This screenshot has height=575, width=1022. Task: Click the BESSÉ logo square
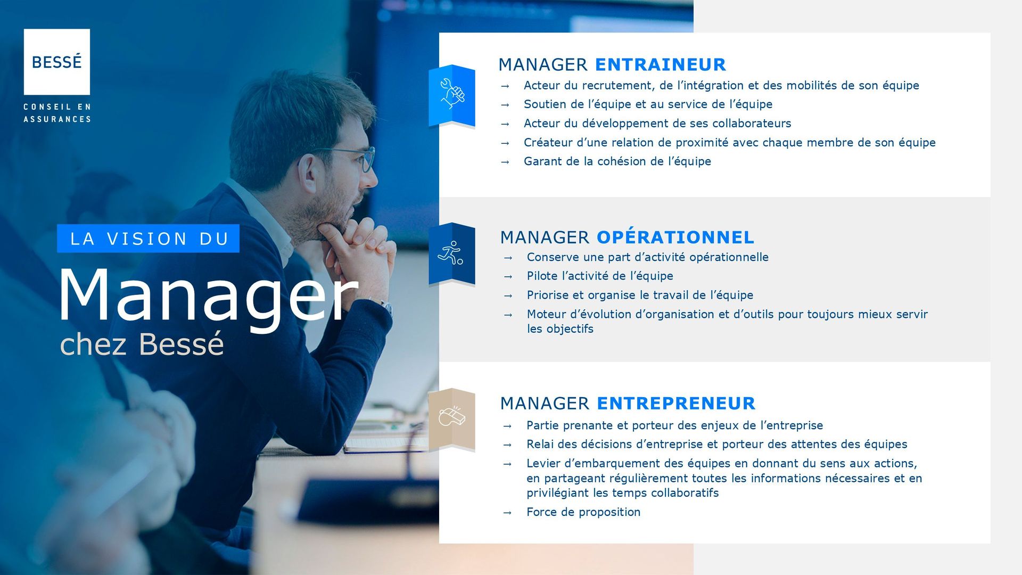point(56,62)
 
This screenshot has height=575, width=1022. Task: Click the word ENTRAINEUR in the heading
point(661,64)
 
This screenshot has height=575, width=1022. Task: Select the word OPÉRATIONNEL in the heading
point(675,237)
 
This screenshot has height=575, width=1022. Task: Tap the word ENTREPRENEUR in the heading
point(676,403)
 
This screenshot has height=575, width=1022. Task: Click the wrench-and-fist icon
point(452,94)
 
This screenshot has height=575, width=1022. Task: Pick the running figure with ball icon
point(450,253)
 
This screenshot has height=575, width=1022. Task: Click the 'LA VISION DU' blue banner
point(148,239)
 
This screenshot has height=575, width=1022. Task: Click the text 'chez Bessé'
point(142,344)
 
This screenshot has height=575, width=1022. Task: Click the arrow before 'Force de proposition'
point(507,513)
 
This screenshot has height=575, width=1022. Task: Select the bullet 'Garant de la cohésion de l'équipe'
point(617,161)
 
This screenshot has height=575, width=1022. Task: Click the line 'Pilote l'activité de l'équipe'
point(600,276)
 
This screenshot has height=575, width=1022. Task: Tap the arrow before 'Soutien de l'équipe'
point(505,105)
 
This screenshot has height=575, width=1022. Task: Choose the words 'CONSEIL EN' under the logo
point(57,107)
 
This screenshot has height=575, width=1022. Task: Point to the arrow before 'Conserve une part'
point(508,258)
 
